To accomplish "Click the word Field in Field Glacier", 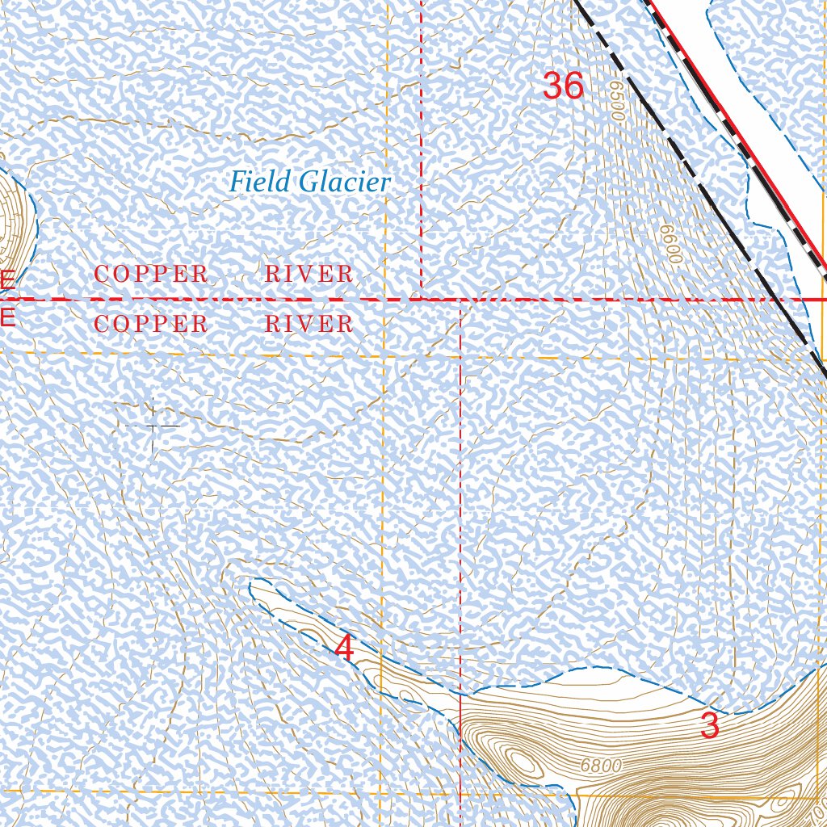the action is pyautogui.click(x=259, y=182).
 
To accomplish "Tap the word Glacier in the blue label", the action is pyautogui.click(x=344, y=183).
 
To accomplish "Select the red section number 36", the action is pyautogui.click(x=563, y=86).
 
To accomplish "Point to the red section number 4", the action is pyautogui.click(x=345, y=649).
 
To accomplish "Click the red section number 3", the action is pyautogui.click(x=709, y=726).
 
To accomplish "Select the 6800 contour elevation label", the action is pyautogui.click(x=601, y=766).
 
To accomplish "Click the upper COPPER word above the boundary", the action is pyautogui.click(x=151, y=275).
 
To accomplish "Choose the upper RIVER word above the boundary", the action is pyautogui.click(x=309, y=275).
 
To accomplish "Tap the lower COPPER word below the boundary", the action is pyautogui.click(x=151, y=325).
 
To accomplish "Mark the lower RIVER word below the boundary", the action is pyautogui.click(x=309, y=325).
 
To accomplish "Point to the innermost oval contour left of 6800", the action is pyautogui.click(x=523, y=760).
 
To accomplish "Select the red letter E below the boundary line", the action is pyautogui.click(x=6, y=317).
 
